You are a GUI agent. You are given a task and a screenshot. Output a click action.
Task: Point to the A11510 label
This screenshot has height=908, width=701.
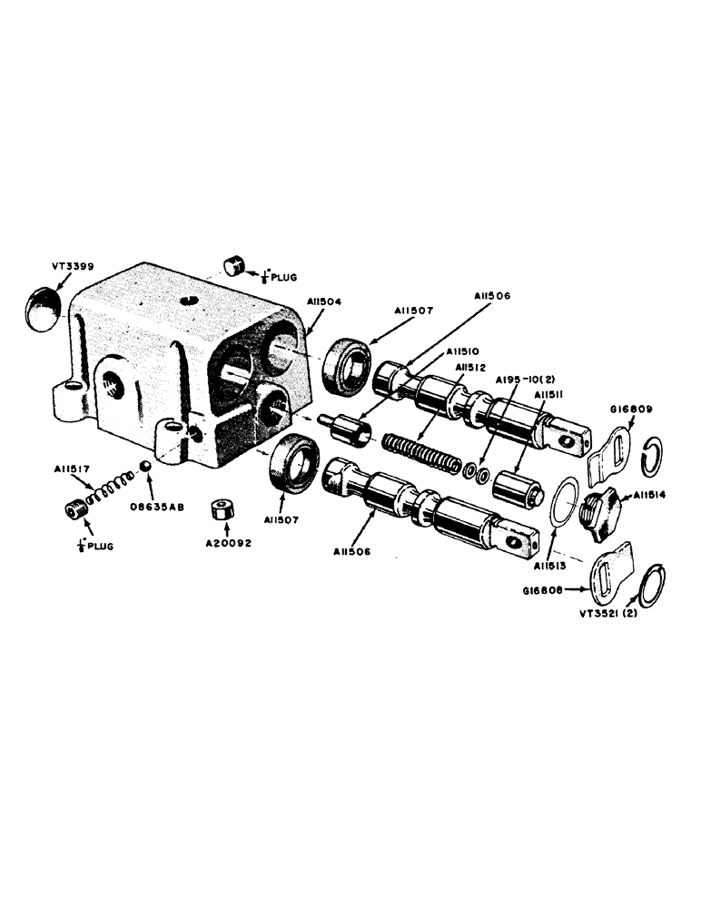point(463,351)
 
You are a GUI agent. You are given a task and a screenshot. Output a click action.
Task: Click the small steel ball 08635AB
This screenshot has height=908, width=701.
point(143,468)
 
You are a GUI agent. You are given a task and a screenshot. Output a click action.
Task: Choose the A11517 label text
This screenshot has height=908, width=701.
point(70,469)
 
